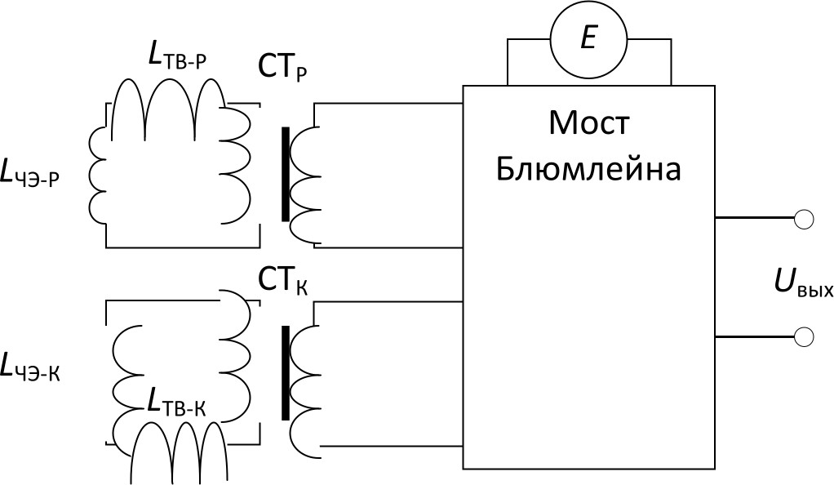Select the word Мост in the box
[x=588, y=124]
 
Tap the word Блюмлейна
[x=588, y=170]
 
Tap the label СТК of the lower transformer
[x=282, y=282]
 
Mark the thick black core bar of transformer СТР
[x=285, y=174]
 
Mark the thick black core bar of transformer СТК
[x=285, y=372]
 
